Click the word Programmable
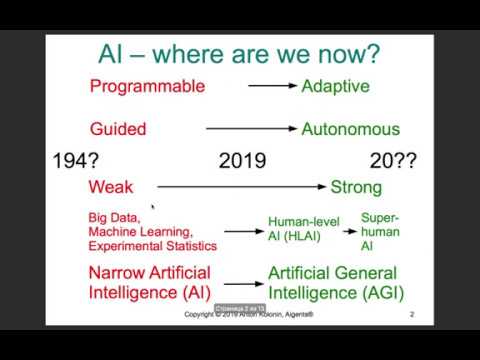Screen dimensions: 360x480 point(147,86)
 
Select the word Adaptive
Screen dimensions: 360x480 point(335,86)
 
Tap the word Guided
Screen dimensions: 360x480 point(118,129)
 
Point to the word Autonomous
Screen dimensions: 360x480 point(350,129)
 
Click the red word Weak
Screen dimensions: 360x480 point(110,187)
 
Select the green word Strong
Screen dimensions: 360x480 point(356,187)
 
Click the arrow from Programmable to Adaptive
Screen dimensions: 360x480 point(272,86)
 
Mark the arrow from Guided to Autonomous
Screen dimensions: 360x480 point(251,129)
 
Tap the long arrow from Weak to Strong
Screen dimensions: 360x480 point(241,187)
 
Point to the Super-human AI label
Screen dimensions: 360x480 point(380,231)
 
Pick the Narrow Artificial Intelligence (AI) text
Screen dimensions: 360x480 point(149,282)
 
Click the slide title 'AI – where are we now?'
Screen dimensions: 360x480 point(238,53)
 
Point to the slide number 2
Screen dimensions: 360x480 point(412,315)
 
